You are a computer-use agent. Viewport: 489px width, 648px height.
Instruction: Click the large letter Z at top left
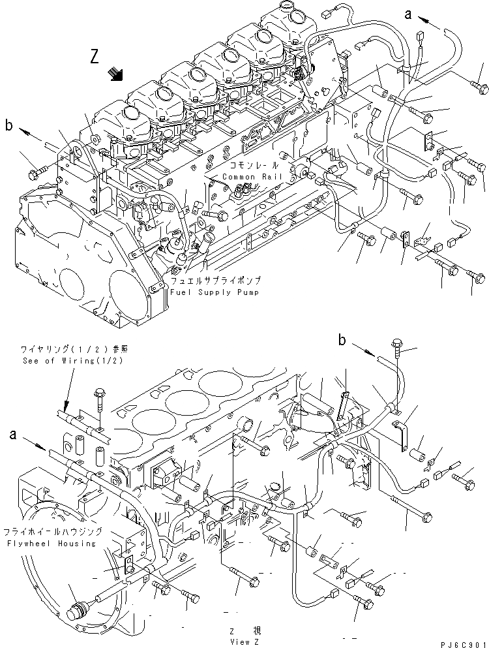coord(95,58)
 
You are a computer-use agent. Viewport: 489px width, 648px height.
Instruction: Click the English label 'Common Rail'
coord(245,177)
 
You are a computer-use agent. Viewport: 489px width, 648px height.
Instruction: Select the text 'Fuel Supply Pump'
coord(215,292)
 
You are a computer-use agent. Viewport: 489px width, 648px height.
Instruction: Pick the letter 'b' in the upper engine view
coord(8,125)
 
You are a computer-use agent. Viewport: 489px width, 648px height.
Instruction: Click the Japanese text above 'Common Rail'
coord(244,168)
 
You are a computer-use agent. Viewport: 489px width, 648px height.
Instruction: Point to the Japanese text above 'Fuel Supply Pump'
coord(215,281)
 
